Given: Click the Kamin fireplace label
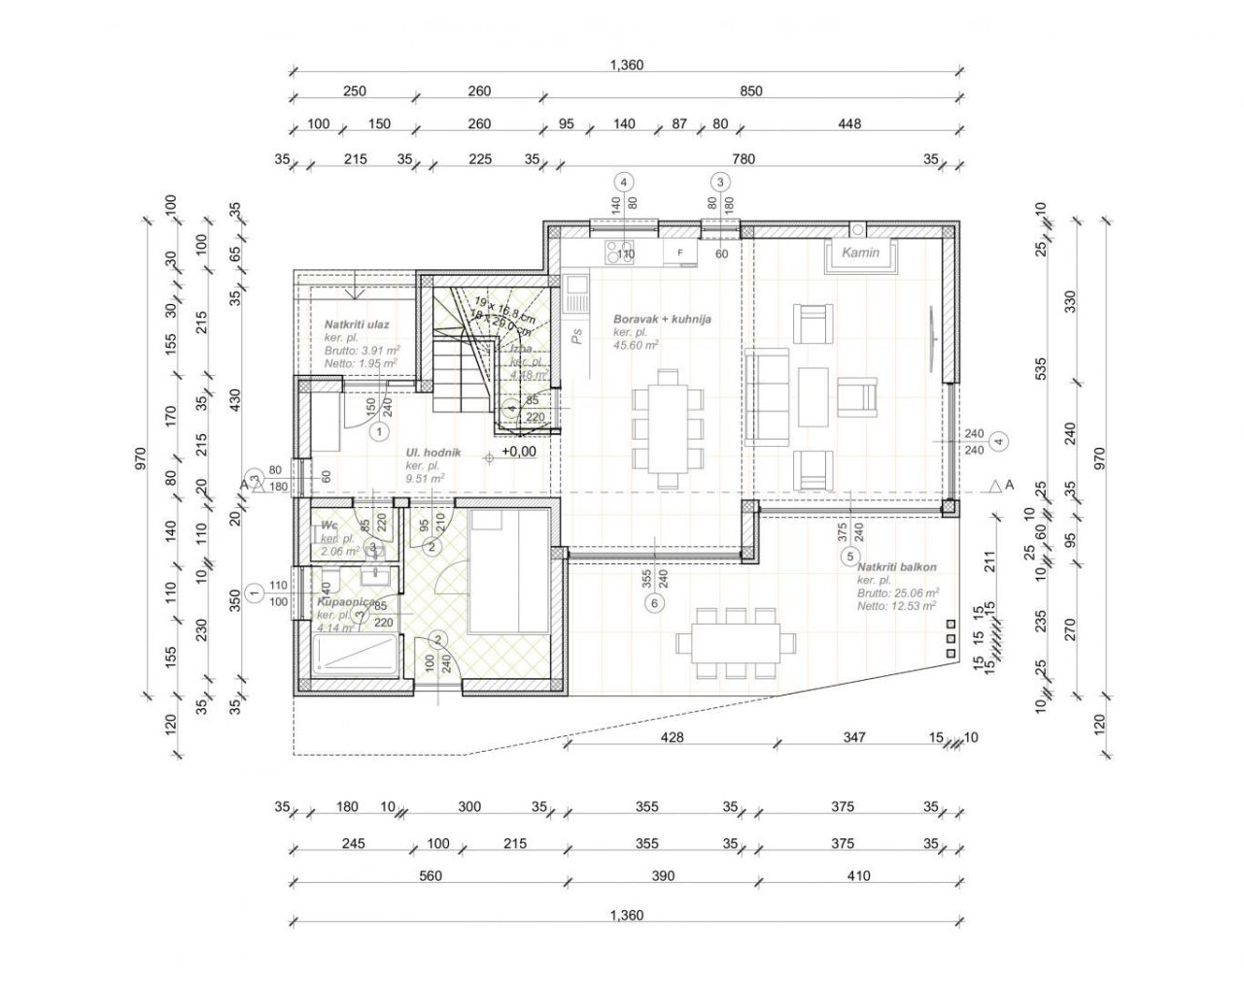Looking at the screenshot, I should coord(860,253).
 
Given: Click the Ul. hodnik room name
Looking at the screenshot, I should coord(432,453).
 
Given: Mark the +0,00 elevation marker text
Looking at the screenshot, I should coord(518,452).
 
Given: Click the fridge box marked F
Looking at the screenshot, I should coord(680,253).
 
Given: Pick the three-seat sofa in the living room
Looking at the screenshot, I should coord(768,396).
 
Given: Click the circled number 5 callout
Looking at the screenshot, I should coord(849,557).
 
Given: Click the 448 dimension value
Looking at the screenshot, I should coord(848,124).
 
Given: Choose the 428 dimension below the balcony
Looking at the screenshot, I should coord(672,737).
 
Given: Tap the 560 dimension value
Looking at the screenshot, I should coord(430,876).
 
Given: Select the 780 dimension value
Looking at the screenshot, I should coord(743,159).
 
